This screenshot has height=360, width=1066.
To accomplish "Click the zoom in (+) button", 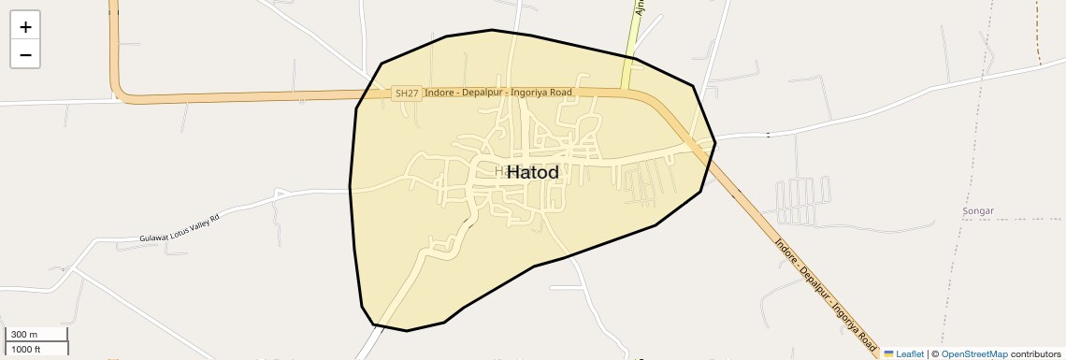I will coord(25,27).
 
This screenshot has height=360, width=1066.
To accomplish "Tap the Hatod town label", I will coord(533,172).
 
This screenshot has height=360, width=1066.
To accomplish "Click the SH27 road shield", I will coord(407,93).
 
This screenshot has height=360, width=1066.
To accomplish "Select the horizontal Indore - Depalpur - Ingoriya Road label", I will coord(497,93).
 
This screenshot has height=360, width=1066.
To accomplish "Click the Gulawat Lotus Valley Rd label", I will coord(179,227).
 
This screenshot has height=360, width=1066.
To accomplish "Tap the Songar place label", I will coord(977,211).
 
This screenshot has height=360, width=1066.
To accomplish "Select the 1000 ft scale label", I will coord(27,349).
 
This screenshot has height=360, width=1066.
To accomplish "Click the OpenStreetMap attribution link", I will coord(974,353).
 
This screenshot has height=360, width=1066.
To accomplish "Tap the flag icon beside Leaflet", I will coord(889,353).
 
